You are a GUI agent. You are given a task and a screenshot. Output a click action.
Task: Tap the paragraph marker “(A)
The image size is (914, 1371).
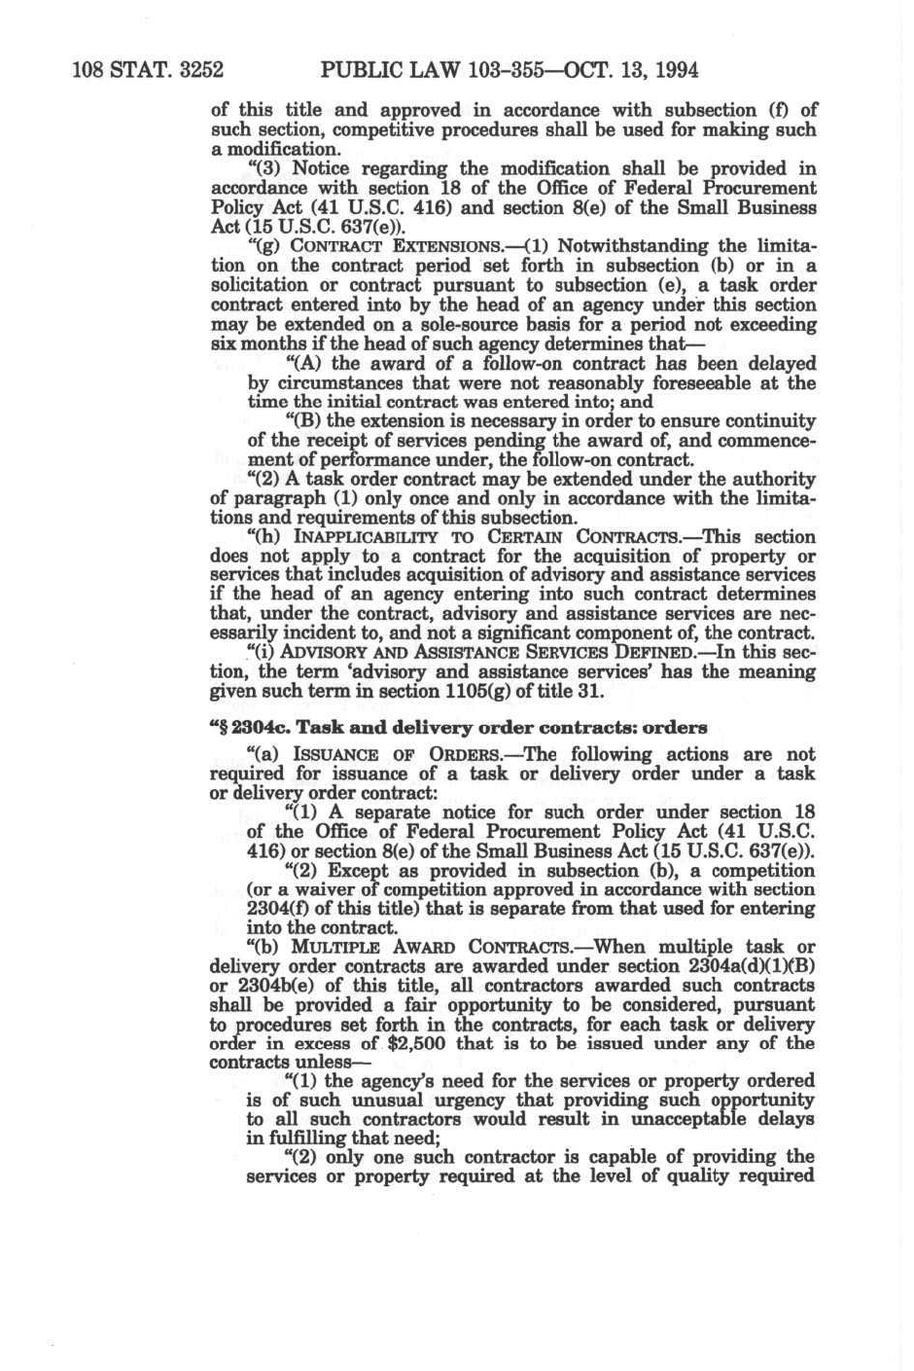click(x=307, y=363)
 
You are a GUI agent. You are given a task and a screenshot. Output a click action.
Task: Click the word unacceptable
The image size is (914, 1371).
click(x=656, y=1119)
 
